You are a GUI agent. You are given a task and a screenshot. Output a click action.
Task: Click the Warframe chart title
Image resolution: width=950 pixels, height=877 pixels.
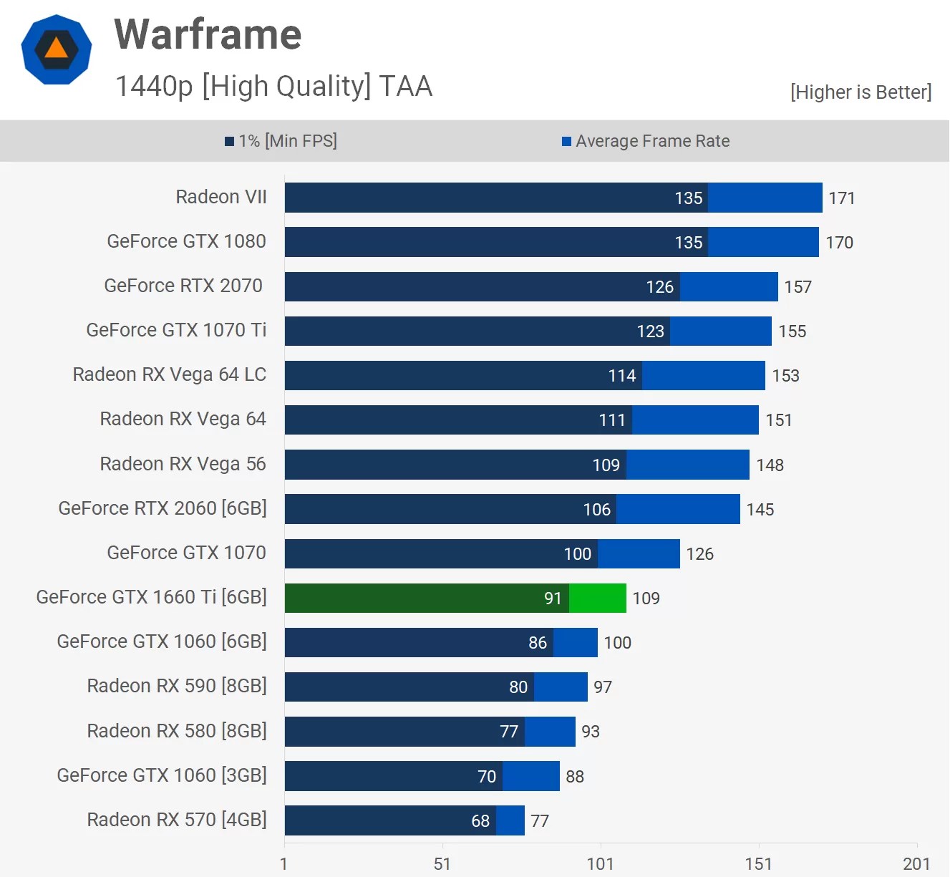tap(208, 34)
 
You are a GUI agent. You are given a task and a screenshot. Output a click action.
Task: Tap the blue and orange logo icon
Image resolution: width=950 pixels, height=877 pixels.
tap(57, 49)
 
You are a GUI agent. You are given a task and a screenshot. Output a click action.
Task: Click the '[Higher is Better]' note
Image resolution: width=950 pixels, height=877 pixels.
tap(861, 92)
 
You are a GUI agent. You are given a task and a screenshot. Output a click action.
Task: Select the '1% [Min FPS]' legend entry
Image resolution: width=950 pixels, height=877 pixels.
tap(281, 141)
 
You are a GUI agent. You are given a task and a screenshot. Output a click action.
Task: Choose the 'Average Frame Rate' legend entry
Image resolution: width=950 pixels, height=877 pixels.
tap(646, 141)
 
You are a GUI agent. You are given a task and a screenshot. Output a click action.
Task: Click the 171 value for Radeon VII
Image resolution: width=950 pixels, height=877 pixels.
tap(842, 198)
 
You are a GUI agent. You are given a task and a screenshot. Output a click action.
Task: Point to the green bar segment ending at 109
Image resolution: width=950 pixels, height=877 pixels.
tap(598, 598)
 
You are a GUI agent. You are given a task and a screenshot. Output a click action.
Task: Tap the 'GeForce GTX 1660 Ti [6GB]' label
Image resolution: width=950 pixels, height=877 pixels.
tap(151, 597)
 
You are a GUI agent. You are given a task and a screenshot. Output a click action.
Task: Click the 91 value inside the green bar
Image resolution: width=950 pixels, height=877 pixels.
tap(553, 599)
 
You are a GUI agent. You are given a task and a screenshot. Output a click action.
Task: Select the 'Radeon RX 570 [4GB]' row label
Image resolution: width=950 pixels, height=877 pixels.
tap(176, 820)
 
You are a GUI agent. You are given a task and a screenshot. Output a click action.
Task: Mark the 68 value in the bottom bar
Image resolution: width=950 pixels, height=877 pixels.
tap(480, 821)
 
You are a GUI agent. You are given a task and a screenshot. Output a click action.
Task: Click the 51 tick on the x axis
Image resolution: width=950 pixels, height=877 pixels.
tap(442, 864)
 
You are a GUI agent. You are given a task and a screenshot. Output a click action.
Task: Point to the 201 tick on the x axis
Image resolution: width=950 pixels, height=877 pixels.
tap(916, 864)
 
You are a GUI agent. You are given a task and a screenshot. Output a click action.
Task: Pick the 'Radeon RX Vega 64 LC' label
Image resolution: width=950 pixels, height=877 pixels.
tap(169, 374)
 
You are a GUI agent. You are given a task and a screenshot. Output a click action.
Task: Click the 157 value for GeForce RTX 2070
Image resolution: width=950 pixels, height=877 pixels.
tap(798, 287)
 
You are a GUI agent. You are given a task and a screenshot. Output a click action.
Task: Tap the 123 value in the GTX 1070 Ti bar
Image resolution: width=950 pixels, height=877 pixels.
tap(650, 331)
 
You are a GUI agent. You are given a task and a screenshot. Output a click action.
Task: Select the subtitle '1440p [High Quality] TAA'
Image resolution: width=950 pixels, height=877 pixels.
tap(273, 86)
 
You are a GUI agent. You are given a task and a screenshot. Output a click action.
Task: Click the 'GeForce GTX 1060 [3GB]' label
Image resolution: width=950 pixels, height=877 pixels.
tap(162, 775)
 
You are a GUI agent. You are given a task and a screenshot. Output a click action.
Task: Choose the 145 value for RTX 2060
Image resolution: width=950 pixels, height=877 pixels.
tap(760, 510)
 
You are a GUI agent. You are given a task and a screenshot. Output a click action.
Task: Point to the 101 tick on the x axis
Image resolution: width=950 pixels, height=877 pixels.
tap(600, 864)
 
